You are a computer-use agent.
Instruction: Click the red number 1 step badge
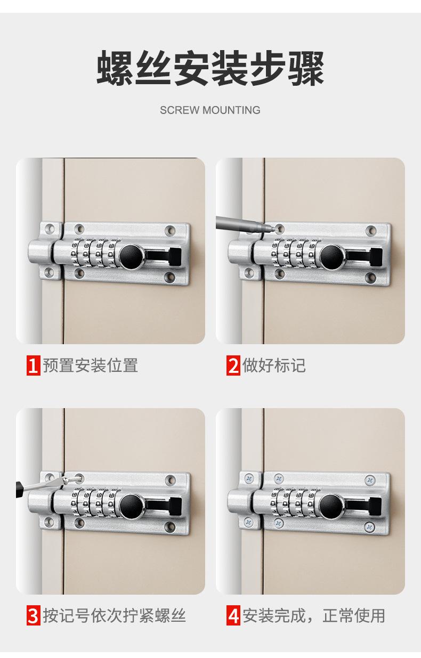(x=34, y=365)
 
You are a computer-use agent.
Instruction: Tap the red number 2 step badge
(x=233, y=365)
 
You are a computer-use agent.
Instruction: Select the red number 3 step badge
(x=34, y=615)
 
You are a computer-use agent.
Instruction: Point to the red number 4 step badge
(x=233, y=615)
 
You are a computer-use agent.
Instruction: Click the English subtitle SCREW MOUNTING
(x=210, y=110)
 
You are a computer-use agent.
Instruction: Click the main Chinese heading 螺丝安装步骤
(x=210, y=68)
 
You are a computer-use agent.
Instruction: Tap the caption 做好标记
(x=274, y=365)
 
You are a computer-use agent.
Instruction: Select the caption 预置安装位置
(x=91, y=365)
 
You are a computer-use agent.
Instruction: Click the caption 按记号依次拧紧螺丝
(x=114, y=615)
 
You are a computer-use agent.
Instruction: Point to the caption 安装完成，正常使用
(x=314, y=615)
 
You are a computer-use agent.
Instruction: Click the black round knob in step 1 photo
(x=131, y=256)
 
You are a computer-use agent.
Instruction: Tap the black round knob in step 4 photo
(x=331, y=506)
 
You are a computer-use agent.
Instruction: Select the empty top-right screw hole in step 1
(x=170, y=230)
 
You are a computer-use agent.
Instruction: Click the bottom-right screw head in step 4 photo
(x=369, y=527)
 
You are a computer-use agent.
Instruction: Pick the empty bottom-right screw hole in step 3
(x=169, y=526)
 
